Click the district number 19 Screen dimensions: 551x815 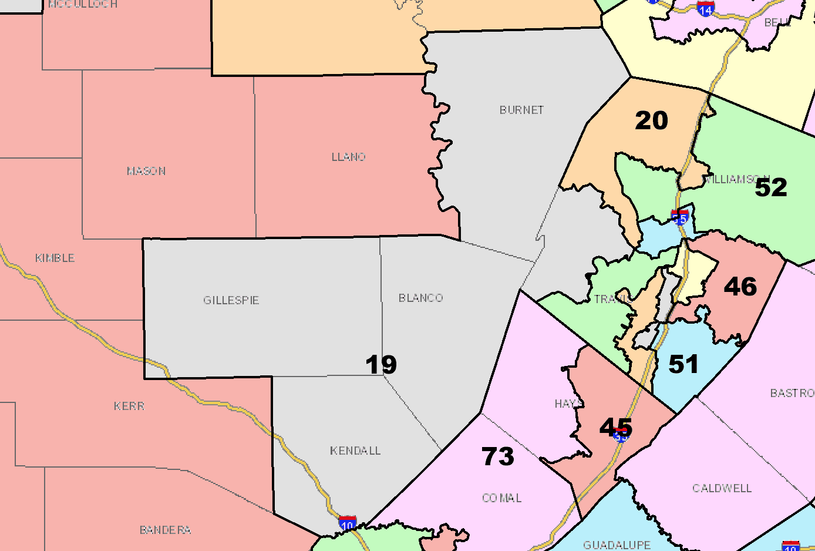click(381, 364)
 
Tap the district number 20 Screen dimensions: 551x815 click(651, 120)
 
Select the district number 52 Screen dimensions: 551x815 click(770, 187)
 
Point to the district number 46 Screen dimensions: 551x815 click(740, 287)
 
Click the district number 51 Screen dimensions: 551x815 click(683, 364)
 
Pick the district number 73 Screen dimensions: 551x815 click(498, 456)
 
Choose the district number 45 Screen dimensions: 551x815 click(616, 427)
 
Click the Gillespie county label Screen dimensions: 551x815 click(231, 300)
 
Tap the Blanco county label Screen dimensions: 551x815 click(420, 298)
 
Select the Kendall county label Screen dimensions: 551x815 click(355, 451)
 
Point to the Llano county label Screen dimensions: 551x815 click(348, 157)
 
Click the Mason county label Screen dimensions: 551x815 click(146, 171)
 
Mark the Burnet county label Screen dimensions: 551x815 click(521, 110)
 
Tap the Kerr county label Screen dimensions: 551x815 click(129, 406)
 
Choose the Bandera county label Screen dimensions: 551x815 click(165, 530)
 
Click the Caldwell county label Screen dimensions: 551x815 click(722, 488)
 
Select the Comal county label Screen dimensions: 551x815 click(501, 498)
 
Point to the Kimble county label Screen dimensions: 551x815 click(55, 258)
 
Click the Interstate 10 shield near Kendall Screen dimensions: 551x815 click(348, 523)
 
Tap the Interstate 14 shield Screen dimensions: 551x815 click(705, 9)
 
